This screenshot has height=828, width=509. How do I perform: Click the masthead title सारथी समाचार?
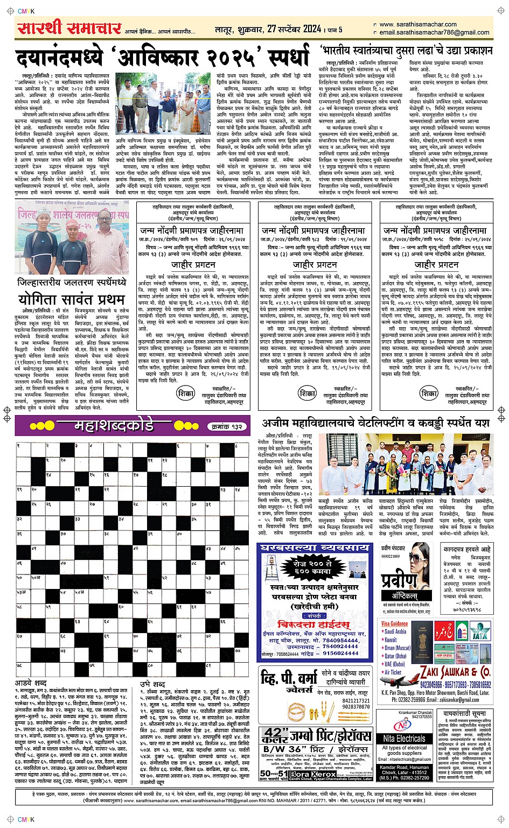69,27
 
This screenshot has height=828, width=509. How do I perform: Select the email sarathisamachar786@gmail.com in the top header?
434,32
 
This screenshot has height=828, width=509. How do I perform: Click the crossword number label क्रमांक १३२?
225,426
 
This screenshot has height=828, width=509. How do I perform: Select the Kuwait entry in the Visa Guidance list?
390,640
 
